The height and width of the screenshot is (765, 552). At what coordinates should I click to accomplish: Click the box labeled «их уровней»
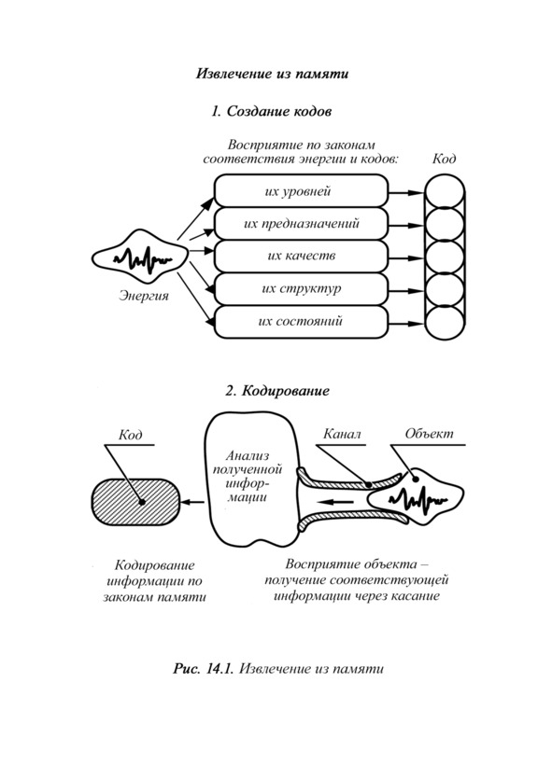click(x=302, y=190)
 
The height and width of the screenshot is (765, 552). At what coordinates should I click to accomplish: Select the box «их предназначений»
click(x=302, y=224)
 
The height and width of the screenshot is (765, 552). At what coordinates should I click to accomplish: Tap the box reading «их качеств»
click(x=302, y=257)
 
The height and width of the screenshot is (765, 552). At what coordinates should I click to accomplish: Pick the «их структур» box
click(x=302, y=289)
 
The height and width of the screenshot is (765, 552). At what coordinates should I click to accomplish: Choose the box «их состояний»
click(x=302, y=322)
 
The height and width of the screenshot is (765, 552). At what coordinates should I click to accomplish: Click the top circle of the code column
click(x=444, y=192)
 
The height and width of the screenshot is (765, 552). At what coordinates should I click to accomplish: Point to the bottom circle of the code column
click(x=444, y=323)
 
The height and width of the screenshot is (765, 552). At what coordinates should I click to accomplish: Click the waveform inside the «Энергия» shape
click(x=143, y=258)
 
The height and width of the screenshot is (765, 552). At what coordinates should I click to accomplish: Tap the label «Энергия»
click(x=143, y=296)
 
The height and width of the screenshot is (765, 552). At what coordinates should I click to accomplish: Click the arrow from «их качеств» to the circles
click(x=406, y=258)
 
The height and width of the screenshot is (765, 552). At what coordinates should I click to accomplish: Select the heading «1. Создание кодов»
click(x=272, y=111)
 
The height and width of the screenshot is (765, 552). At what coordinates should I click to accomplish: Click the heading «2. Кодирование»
click(x=277, y=391)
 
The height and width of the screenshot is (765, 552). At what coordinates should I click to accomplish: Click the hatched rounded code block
click(x=135, y=502)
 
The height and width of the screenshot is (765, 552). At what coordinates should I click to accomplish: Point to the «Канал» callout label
click(x=342, y=434)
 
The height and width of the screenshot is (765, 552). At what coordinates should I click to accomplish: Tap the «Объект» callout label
click(x=429, y=434)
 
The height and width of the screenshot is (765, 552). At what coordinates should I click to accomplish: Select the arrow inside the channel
click(x=334, y=502)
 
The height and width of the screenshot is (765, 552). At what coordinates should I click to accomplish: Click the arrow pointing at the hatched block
click(x=193, y=502)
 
